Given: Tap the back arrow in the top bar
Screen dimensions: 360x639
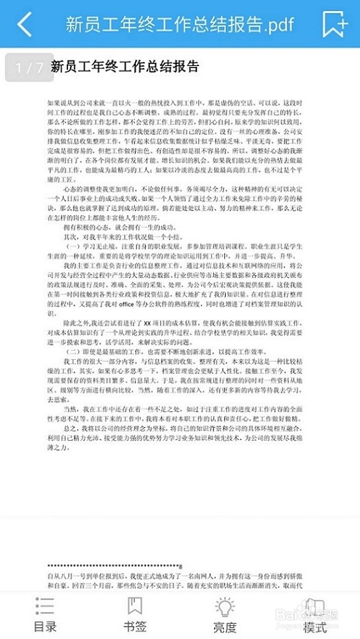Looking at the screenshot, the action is (25, 24).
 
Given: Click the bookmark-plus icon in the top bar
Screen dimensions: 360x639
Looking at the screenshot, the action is (335, 24).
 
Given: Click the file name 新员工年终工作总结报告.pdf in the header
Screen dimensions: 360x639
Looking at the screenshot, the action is (180, 25).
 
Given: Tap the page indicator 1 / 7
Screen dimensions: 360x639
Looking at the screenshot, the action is (30, 68).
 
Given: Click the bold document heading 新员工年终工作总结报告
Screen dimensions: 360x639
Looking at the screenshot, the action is (125, 67).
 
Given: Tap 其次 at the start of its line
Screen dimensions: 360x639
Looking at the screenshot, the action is (70, 235).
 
